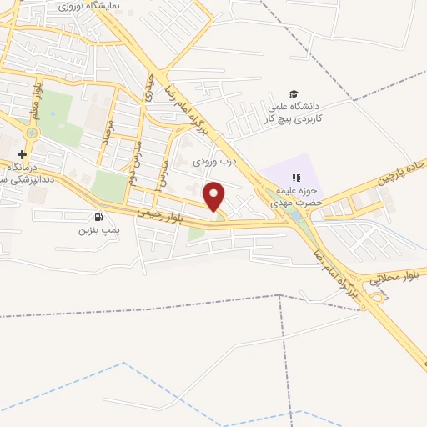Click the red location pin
(214, 196)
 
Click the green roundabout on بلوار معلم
(32, 132)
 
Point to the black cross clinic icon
(23, 154)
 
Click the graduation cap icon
(293, 93)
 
